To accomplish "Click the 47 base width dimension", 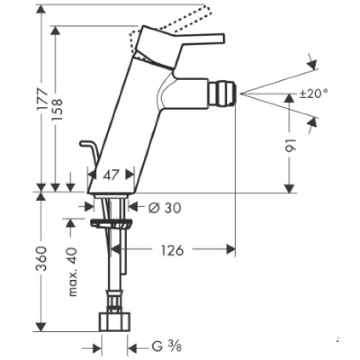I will (112, 175).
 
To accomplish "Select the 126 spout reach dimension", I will (172, 250).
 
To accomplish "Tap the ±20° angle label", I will (313, 94).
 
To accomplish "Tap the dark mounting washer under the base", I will (111, 224).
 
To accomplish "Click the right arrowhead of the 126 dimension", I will (231, 250).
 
